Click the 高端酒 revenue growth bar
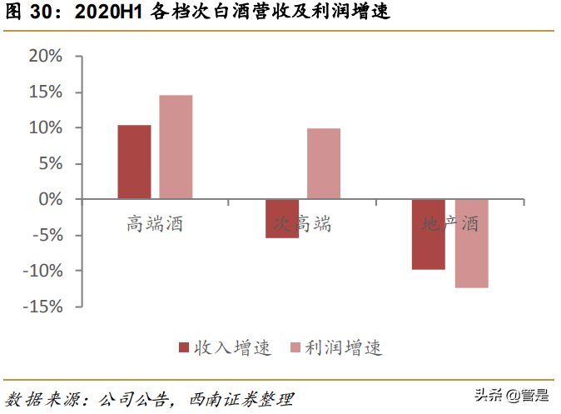pos(134,162)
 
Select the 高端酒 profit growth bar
pos(176,147)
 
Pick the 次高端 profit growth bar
pos(323,163)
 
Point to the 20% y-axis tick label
pos(46,57)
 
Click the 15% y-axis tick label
pos(46,92)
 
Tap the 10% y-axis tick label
pos(46,128)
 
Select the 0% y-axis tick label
pos(51,200)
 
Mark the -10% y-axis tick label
pos(42,271)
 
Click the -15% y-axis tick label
pos(42,307)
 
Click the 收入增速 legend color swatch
pos(185,347)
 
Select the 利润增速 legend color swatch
pos(294,347)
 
